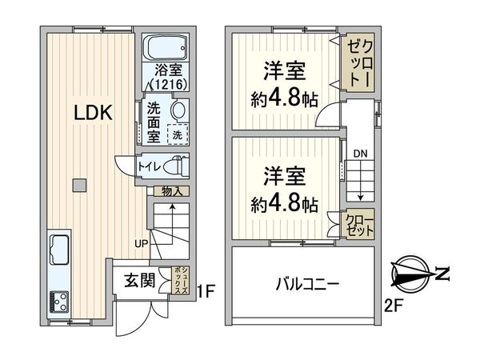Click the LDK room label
(x=93, y=113)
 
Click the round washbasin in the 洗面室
(x=178, y=110)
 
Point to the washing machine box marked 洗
(x=178, y=134)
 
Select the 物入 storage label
(x=171, y=191)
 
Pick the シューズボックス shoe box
(x=180, y=282)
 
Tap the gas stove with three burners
(x=59, y=301)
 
